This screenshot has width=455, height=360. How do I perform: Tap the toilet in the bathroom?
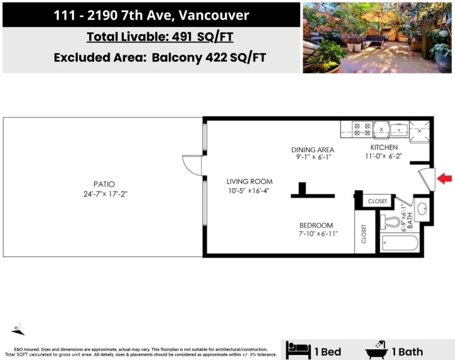(x=392, y=222)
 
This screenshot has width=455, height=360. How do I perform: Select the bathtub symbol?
(x=400, y=243)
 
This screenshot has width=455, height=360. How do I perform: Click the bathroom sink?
(x=423, y=208)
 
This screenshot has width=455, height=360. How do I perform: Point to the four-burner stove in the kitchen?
(x=363, y=130)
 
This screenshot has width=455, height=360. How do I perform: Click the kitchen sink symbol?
(x=399, y=130)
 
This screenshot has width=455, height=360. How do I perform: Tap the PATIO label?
(x=102, y=184)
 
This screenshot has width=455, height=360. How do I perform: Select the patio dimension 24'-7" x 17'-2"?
(x=102, y=194)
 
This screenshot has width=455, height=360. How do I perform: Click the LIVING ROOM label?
(x=250, y=182)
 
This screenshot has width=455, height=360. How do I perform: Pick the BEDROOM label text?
(x=316, y=225)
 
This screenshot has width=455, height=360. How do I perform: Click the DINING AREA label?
(x=312, y=150)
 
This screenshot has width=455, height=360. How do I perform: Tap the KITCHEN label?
(x=384, y=148)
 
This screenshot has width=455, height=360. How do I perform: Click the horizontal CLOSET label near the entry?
(x=377, y=201)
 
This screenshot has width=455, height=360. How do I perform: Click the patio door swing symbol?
(x=191, y=165)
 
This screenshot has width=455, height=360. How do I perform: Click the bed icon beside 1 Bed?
(x=298, y=349)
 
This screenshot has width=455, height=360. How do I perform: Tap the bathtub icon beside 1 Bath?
(x=377, y=349)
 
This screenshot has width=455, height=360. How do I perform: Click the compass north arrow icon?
(x=19, y=329)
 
